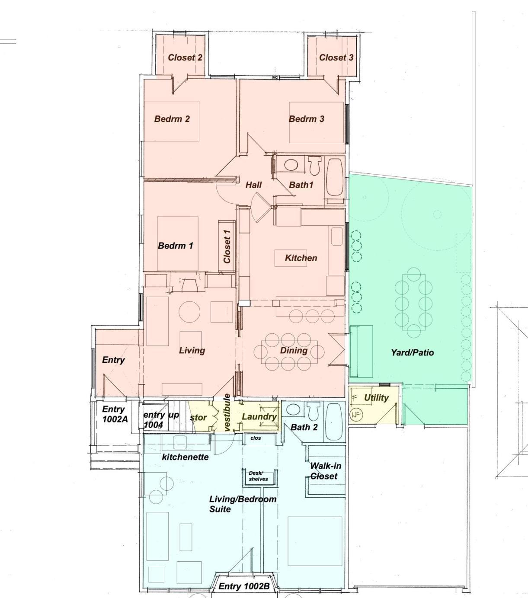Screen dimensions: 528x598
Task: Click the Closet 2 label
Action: pyautogui.click(x=185, y=58)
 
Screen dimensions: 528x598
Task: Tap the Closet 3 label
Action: pyautogui.click(x=336, y=58)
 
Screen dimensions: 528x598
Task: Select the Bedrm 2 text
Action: pyautogui.click(x=172, y=119)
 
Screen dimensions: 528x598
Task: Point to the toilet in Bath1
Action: pyautogui.click(x=314, y=166)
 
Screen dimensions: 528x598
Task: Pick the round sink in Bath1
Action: pyautogui.click(x=291, y=165)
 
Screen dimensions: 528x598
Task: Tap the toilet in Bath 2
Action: pyautogui.click(x=313, y=411)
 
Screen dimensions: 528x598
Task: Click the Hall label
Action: pyautogui.click(x=253, y=185)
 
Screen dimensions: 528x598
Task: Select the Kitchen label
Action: pyautogui.click(x=301, y=258)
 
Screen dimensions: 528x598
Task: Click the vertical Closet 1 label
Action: pyautogui.click(x=227, y=246)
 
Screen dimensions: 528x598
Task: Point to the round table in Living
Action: pyautogui.click(x=189, y=312)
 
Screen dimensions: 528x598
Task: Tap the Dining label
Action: pyautogui.click(x=294, y=350)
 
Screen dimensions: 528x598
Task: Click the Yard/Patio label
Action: pyautogui.click(x=412, y=352)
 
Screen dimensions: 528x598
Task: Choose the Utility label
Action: pyautogui.click(x=376, y=398)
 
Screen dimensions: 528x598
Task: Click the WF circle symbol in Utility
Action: pyautogui.click(x=355, y=415)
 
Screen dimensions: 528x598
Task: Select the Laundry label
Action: pyautogui.click(x=259, y=417)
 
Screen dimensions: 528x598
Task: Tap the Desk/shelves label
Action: pyautogui.click(x=258, y=476)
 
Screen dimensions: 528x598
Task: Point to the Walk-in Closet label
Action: pyautogui.click(x=325, y=471)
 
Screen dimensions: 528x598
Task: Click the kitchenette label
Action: pyautogui.click(x=185, y=457)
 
